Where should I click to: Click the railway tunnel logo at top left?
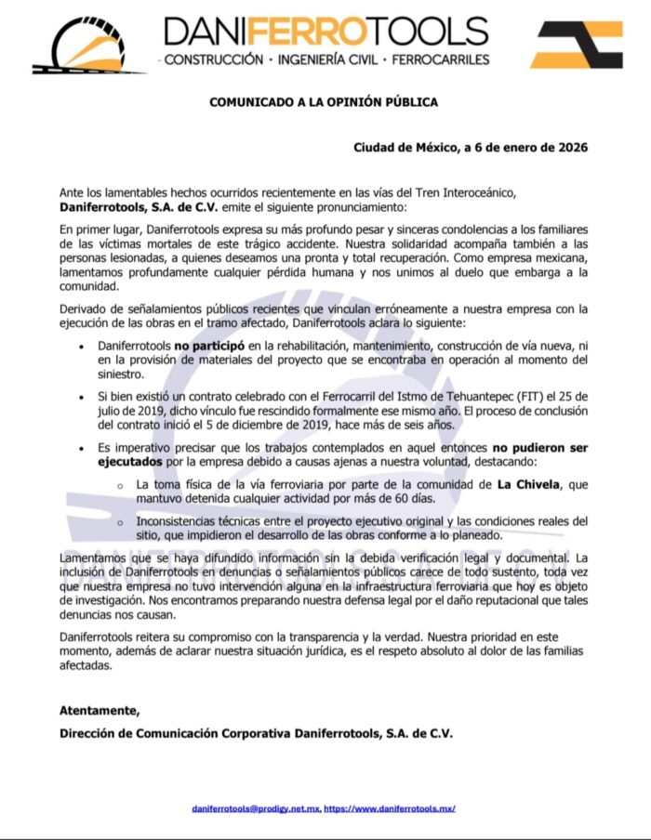click(x=88, y=45)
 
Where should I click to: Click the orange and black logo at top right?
click(x=578, y=44)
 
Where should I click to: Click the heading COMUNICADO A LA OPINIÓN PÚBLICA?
click(x=323, y=102)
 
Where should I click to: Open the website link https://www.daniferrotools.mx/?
click(x=390, y=808)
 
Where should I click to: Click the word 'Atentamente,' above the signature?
click(x=100, y=711)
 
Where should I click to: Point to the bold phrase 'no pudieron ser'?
click(x=539, y=448)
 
